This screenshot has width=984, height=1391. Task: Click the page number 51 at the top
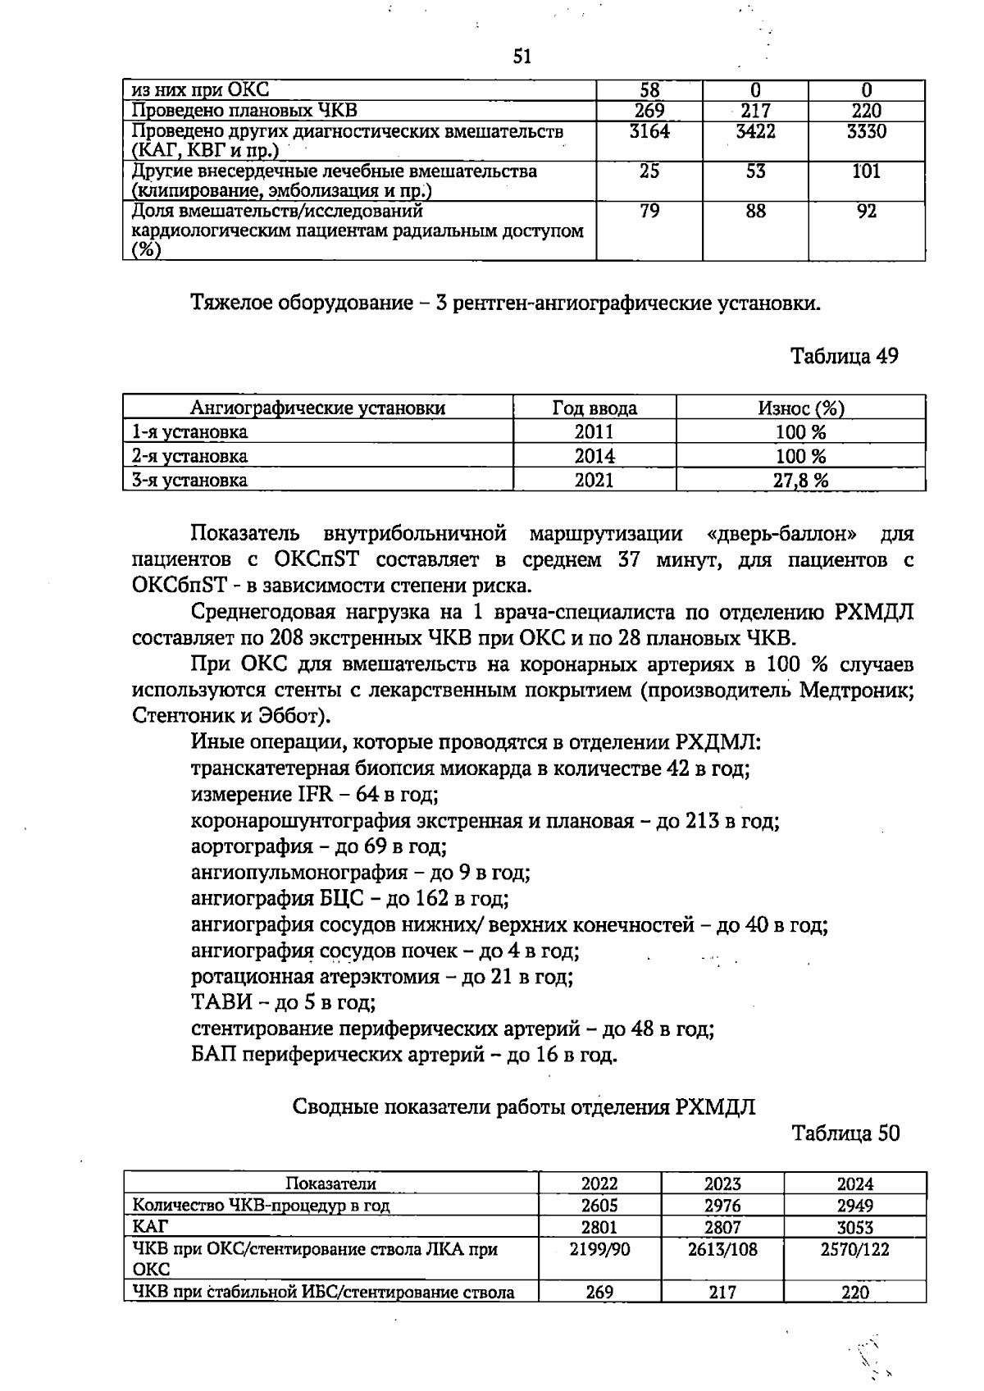click(522, 57)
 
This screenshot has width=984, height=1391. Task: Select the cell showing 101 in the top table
click(866, 171)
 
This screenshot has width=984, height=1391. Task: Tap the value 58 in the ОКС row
click(649, 90)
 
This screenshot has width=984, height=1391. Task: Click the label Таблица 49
click(844, 356)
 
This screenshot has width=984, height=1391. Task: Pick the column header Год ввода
click(594, 408)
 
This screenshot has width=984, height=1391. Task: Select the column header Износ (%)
click(800, 408)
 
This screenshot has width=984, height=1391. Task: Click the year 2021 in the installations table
click(594, 480)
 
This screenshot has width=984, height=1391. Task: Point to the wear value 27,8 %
click(800, 481)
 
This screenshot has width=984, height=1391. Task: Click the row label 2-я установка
click(190, 456)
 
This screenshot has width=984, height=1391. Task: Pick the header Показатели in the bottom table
click(330, 1183)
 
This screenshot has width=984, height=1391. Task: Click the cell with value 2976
click(722, 1205)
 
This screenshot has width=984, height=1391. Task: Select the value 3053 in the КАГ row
click(854, 1227)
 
